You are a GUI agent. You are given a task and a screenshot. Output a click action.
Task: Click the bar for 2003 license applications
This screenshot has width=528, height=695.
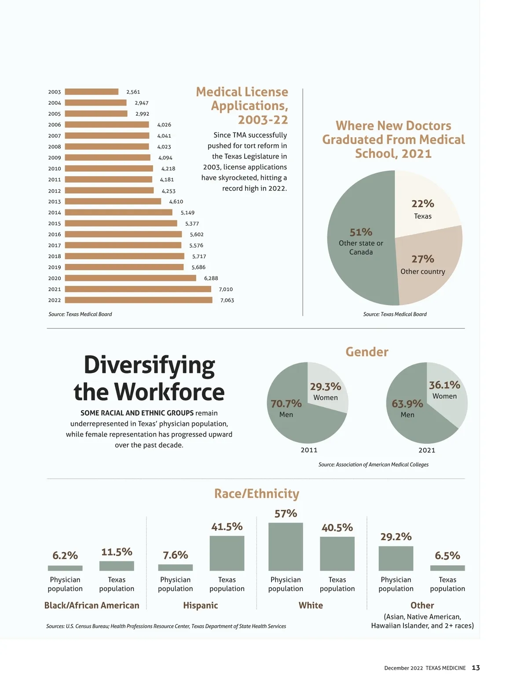(92, 92)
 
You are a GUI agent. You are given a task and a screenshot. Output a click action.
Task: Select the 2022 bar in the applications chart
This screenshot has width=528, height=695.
(139, 300)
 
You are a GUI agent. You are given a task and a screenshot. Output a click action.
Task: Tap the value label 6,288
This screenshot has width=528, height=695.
(211, 278)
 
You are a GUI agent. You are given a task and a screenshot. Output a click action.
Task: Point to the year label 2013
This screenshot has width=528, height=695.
(55, 201)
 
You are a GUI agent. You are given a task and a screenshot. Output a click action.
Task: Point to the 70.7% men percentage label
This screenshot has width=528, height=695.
(286, 403)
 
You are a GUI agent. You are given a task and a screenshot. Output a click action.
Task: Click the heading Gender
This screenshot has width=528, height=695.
(367, 352)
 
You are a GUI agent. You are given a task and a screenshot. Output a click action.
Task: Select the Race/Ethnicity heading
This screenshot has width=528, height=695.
(257, 494)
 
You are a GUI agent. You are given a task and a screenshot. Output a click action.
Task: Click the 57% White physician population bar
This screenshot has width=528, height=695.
(286, 547)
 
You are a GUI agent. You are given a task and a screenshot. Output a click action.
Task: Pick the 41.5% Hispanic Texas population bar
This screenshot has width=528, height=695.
(227, 553)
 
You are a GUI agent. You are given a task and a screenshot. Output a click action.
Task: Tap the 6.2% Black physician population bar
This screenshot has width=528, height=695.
(65, 568)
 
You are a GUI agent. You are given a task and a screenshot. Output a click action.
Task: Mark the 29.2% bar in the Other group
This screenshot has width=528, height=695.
(396, 559)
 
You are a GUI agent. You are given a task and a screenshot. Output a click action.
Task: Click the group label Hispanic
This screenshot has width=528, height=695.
(201, 605)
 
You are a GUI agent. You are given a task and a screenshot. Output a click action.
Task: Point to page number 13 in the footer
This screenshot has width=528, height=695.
(476, 668)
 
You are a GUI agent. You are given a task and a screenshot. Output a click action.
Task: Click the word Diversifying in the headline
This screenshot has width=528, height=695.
(150, 365)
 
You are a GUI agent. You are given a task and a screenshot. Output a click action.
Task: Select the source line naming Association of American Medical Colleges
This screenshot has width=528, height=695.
(374, 465)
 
